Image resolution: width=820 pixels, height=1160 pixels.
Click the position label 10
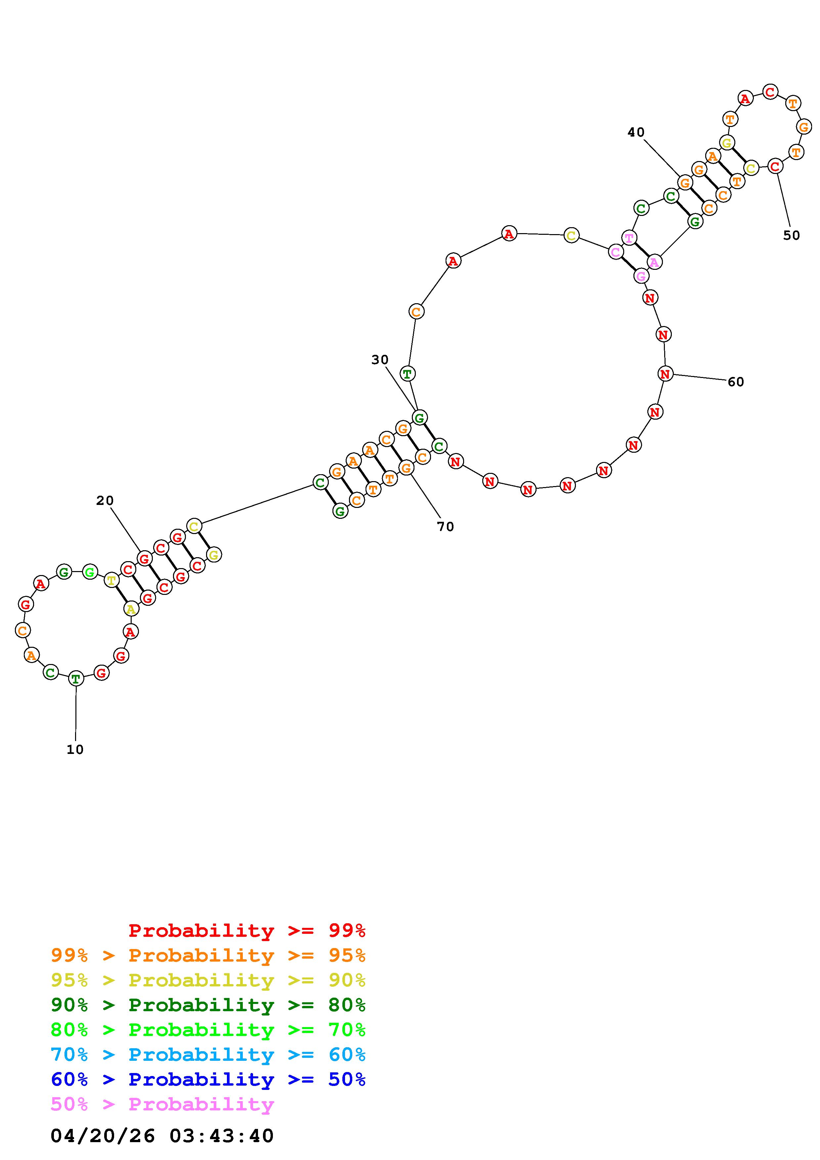[75, 750]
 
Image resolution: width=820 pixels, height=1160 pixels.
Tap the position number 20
[105, 501]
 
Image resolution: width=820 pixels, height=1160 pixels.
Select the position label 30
[380, 360]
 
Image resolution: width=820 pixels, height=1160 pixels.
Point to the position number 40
[636, 132]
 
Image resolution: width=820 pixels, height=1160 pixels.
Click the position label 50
[792, 235]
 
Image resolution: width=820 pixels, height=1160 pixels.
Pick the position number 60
[736, 382]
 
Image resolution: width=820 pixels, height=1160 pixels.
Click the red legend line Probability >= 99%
[247, 931]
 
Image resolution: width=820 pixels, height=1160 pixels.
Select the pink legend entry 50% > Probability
[162, 1104]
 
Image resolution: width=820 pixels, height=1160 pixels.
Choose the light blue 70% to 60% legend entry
[208, 1055]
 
